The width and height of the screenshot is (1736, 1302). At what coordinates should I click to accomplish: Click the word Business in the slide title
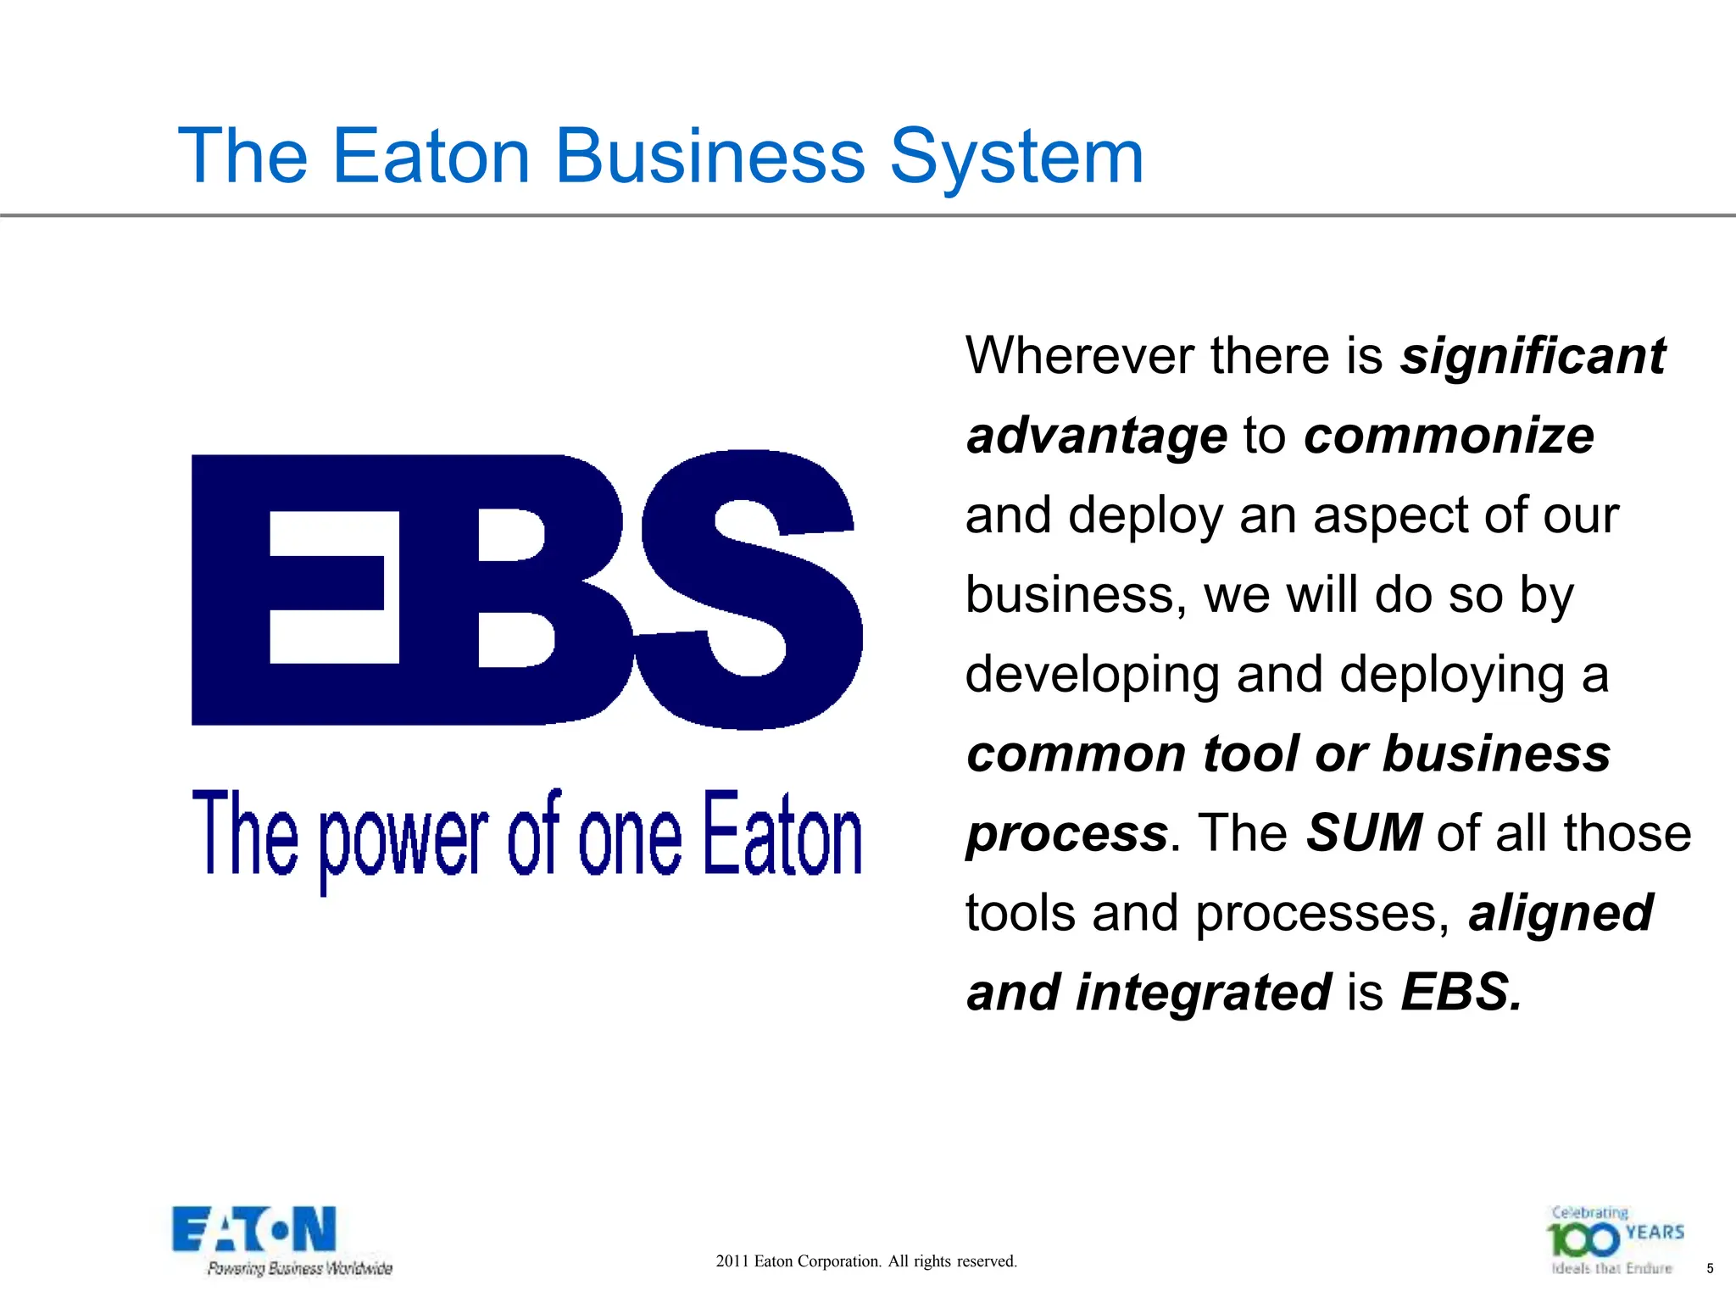coord(709,156)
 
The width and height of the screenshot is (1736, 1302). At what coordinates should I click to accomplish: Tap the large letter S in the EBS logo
coord(750,589)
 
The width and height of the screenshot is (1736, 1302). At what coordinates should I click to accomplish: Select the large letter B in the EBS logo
coord(542,589)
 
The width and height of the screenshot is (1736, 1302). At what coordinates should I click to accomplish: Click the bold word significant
coord(1533,355)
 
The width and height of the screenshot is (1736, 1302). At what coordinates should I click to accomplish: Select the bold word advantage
coord(1097,436)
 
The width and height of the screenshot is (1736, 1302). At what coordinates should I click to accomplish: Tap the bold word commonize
coord(1449,436)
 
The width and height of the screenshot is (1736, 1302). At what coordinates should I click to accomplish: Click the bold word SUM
coord(1364,833)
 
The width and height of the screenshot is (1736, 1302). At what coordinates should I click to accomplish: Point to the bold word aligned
coord(1561,913)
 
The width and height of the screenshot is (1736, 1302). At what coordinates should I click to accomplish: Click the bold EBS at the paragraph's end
coord(1461,993)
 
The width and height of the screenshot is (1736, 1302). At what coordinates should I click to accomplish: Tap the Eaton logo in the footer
coord(254,1230)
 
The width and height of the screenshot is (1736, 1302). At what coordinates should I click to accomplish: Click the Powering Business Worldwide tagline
coord(300,1269)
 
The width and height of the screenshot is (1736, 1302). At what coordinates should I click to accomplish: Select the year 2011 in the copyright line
coord(732,1261)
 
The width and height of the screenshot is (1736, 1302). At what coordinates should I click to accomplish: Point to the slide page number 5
coord(1710,1269)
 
